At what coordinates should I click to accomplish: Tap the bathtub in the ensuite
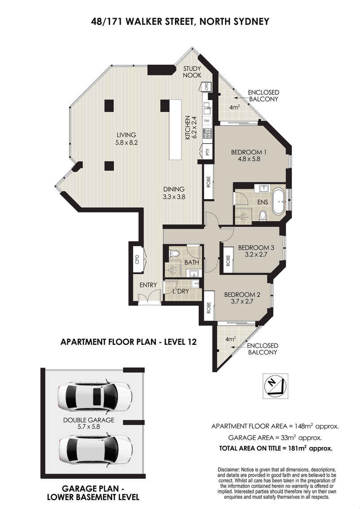279,201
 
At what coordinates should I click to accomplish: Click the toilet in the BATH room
174,253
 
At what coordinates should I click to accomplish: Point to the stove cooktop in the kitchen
207,133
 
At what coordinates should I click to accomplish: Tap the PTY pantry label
208,152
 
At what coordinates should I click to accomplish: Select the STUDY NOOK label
192,72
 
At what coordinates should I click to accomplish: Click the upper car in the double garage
94,397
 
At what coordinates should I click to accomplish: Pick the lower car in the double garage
96,451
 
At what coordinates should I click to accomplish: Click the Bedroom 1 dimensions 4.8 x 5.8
246,159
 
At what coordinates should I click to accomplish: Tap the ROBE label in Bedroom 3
228,261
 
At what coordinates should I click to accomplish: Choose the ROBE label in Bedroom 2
209,308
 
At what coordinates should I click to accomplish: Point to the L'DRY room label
181,291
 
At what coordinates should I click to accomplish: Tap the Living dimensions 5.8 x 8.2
127,142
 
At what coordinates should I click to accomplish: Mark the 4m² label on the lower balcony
230,339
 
